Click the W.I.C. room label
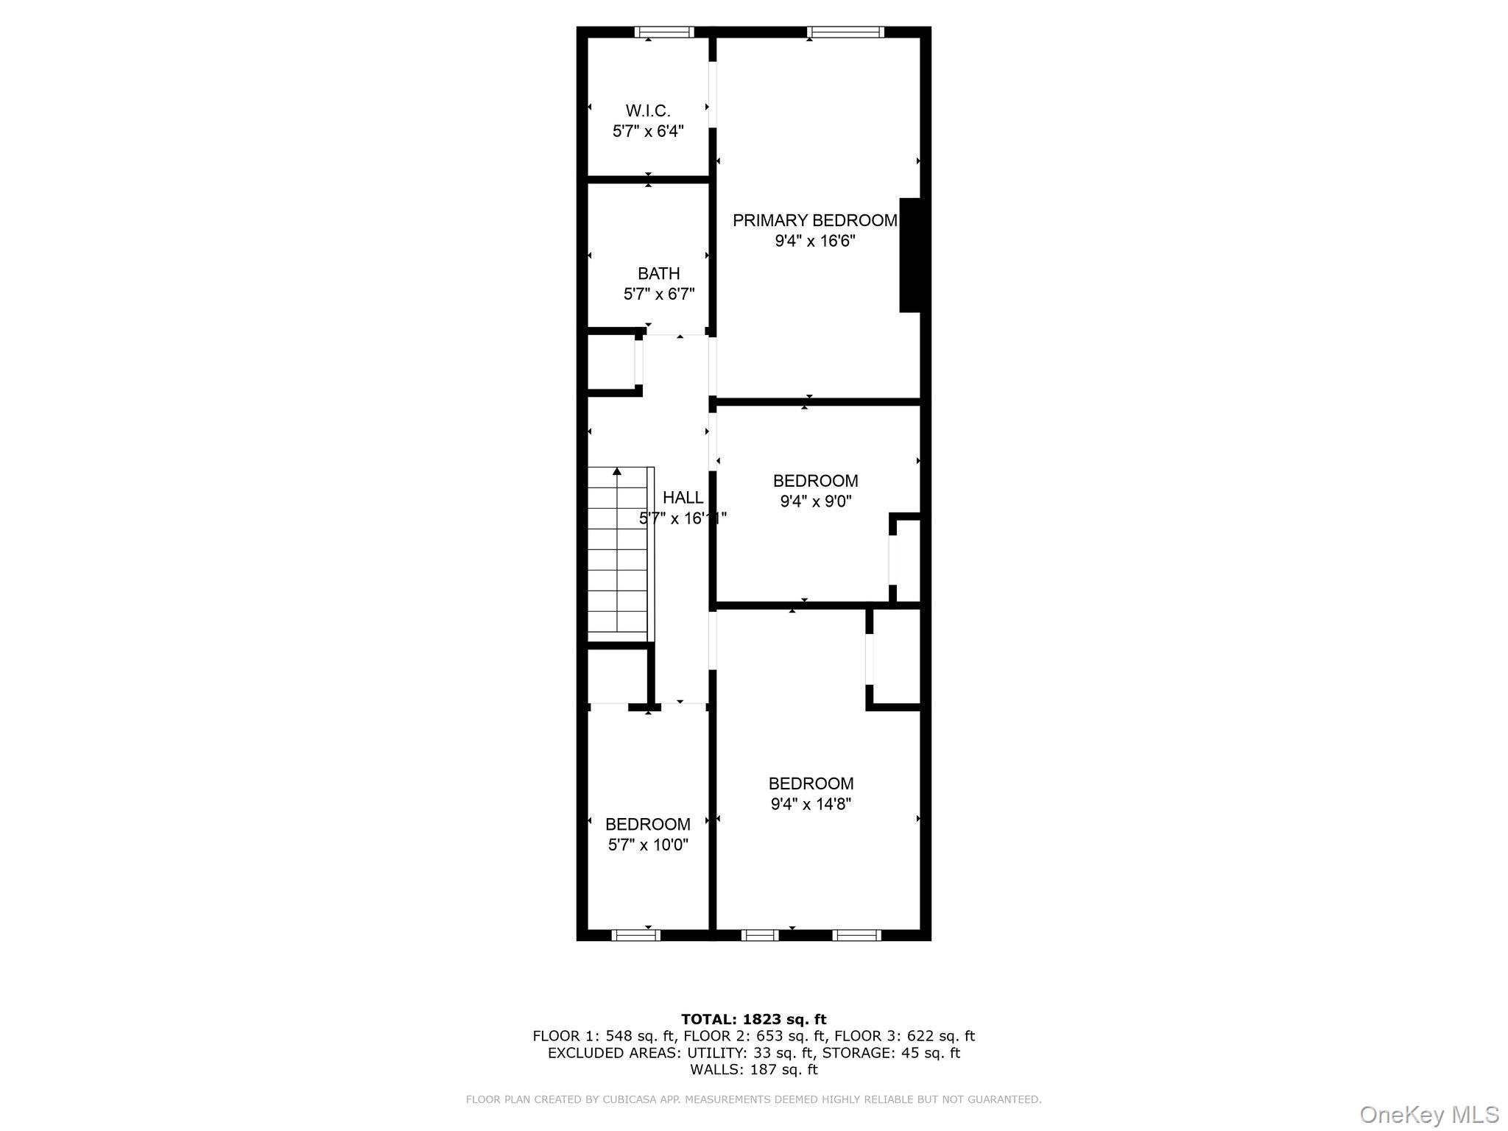pos(648,111)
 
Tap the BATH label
pos(658,274)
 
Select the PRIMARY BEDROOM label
pos(814,220)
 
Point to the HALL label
pos(683,498)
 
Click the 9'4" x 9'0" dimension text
pos(815,501)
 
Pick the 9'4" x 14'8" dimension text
pos(811,804)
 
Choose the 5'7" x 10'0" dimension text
pos(648,845)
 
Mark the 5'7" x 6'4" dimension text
pos(648,132)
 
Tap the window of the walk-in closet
pos(664,32)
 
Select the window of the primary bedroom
pos(845,32)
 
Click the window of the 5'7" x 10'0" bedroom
pos(635,935)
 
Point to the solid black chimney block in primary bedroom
pos(910,255)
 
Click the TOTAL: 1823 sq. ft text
pos(753,1020)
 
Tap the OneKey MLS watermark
pos(1429,1114)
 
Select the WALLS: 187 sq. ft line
pos(753,1069)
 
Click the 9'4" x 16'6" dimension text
pos(814,241)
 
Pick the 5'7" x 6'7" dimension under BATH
pos(659,295)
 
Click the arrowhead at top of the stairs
pos(617,471)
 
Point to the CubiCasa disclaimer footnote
pos(753,1099)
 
